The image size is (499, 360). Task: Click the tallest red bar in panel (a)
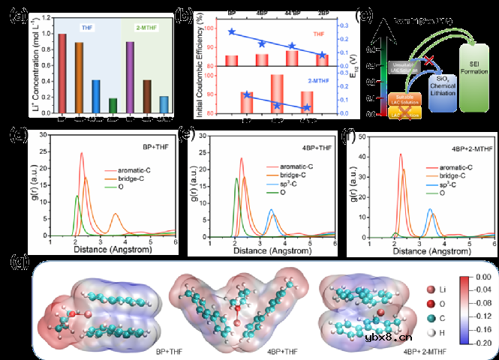click(x=62, y=76)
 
